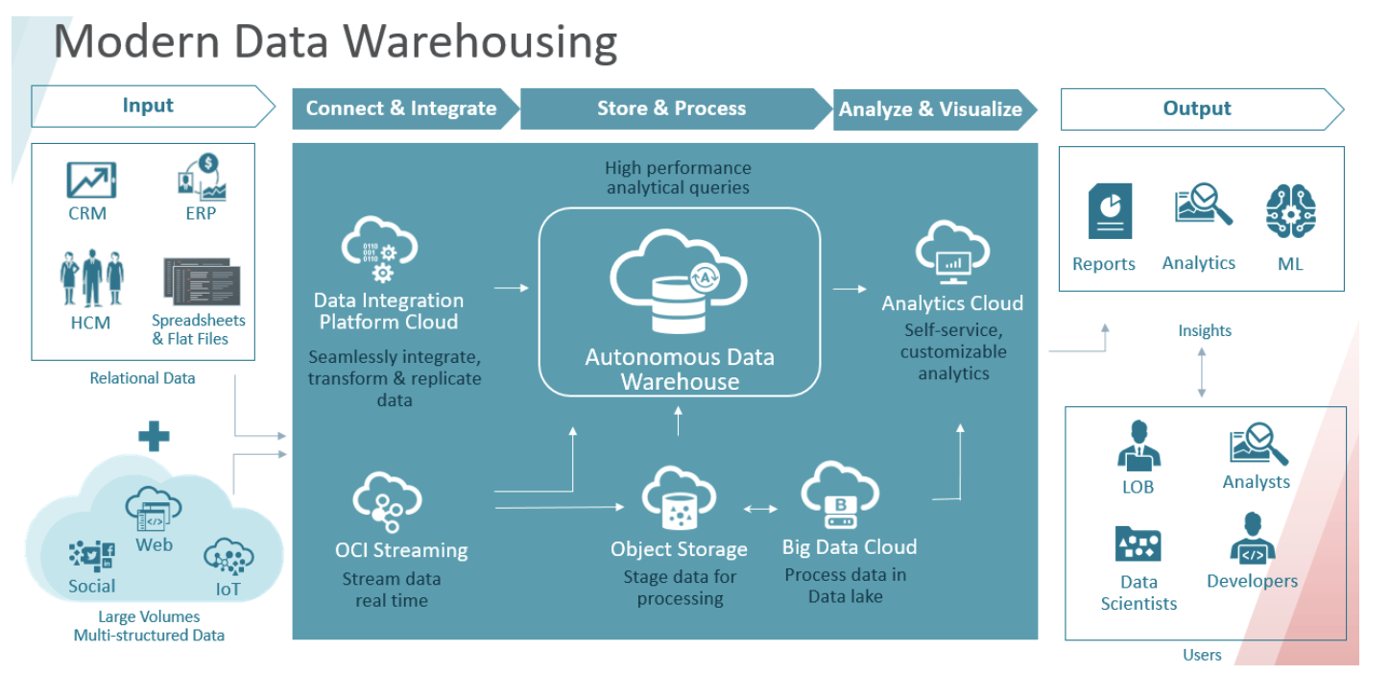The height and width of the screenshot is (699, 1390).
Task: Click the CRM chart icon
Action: [x=91, y=180]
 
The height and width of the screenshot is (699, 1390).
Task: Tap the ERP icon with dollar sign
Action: [x=201, y=177]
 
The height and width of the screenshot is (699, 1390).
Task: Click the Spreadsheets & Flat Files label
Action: [x=199, y=329]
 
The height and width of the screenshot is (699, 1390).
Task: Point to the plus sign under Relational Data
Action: [x=154, y=437]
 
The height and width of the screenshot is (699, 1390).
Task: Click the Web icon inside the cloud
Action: [x=154, y=510]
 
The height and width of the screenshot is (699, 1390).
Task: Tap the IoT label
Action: [x=228, y=589]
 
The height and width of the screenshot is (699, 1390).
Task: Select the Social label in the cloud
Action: [x=91, y=586]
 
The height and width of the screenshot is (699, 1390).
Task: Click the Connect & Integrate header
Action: [x=401, y=108]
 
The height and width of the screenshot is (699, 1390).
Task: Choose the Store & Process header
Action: [x=672, y=108]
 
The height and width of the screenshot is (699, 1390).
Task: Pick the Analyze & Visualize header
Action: [x=930, y=109]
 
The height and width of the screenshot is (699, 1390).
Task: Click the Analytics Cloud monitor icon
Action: [x=952, y=252]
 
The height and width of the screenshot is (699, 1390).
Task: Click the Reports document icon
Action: [x=1110, y=211]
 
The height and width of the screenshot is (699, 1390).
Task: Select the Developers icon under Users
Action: [x=1252, y=538]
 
